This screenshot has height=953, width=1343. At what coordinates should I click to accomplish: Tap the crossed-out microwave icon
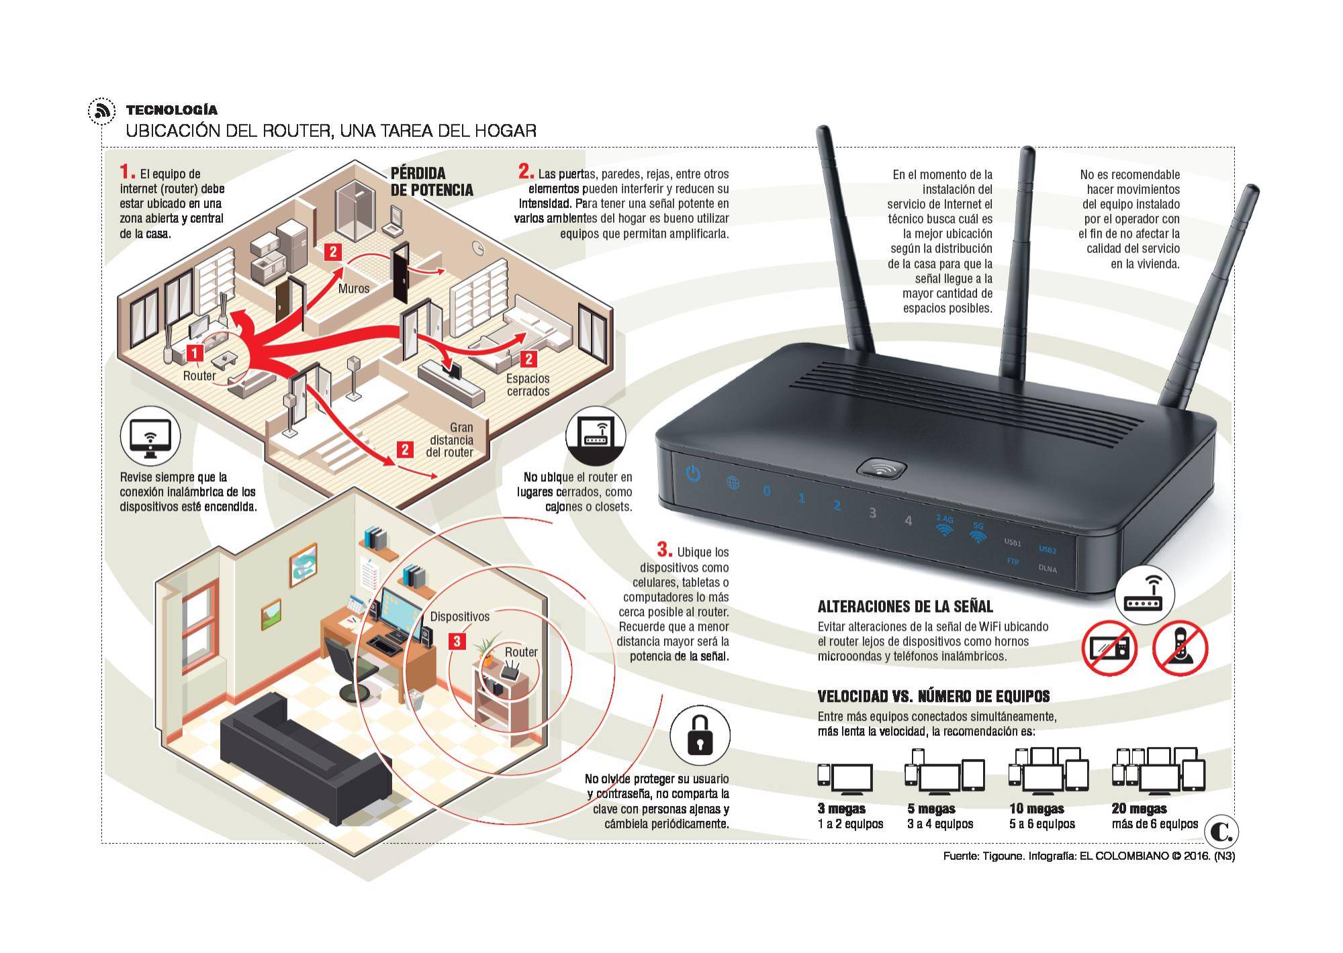(x=1109, y=648)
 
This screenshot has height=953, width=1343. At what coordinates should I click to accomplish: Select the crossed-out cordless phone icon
(x=1180, y=648)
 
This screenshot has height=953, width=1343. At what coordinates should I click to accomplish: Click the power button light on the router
(x=693, y=474)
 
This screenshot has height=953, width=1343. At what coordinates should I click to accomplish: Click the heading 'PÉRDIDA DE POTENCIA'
(x=432, y=182)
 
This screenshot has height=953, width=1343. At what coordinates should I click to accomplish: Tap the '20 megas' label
(x=1139, y=809)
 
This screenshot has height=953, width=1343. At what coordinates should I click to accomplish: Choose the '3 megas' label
(x=841, y=809)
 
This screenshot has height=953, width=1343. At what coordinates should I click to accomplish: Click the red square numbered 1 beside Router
(x=195, y=352)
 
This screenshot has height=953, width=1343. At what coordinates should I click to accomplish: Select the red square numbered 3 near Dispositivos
(x=457, y=641)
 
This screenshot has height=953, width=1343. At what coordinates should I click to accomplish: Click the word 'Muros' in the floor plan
(x=354, y=289)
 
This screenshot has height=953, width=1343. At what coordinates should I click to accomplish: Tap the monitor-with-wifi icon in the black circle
(x=150, y=436)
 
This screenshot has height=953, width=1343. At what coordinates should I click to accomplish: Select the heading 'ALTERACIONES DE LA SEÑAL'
(x=905, y=607)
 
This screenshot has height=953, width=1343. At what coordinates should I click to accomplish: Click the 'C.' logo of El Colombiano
(x=1221, y=832)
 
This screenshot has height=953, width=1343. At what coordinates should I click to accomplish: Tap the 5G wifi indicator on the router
(x=978, y=534)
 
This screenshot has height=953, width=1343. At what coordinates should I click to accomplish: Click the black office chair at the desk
(x=350, y=668)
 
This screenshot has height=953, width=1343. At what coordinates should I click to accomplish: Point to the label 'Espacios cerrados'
(x=528, y=385)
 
